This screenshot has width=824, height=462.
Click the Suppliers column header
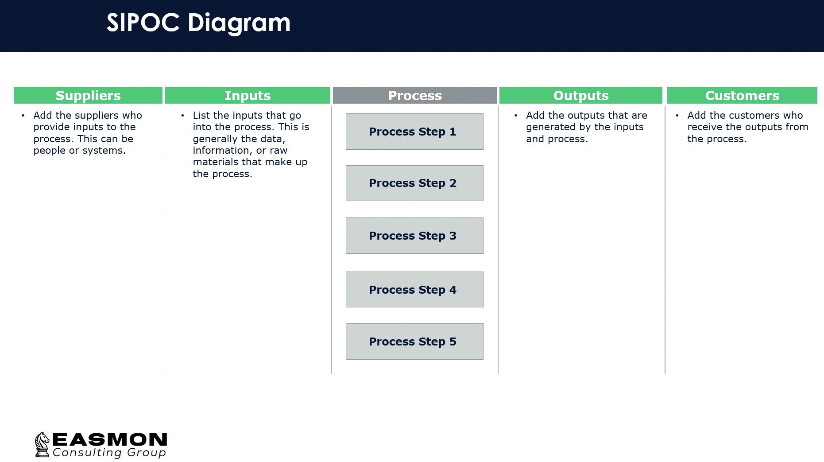click(88, 95)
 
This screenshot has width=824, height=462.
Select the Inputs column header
click(248, 95)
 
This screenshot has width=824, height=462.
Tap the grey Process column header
click(415, 95)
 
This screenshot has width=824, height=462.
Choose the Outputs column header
click(580, 95)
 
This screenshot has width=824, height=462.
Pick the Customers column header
click(742, 95)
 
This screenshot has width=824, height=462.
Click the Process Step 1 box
click(414, 132)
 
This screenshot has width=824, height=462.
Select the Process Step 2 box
click(414, 183)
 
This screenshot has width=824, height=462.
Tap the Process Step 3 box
click(414, 236)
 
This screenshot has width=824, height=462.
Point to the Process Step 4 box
click(414, 289)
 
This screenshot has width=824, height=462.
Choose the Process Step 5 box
click(414, 342)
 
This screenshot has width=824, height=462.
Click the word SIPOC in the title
click(143, 23)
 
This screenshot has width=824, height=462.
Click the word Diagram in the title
click(239, 23)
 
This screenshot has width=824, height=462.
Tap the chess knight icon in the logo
click(42, 444)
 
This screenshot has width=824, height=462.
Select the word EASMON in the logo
click(110, 440)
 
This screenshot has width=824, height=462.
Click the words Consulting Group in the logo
click(109, 453)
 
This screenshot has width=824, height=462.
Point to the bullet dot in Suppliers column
click(23, 116)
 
